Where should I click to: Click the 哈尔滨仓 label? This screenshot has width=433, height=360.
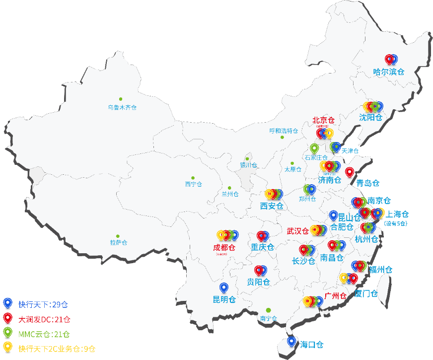389,72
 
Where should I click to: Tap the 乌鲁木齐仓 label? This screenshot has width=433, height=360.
122,107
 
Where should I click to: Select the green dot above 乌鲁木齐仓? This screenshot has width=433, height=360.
120,99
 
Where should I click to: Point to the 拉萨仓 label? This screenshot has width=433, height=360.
119,243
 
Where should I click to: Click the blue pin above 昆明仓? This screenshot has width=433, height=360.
224,288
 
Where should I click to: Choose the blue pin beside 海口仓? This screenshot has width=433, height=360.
291,341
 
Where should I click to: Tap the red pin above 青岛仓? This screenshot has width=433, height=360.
350,172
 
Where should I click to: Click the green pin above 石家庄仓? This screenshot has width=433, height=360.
314,147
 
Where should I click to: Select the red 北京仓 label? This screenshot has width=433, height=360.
323,120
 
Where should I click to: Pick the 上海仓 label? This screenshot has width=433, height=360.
397,214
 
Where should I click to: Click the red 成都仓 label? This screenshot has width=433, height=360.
224,247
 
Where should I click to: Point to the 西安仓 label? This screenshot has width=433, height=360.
272,206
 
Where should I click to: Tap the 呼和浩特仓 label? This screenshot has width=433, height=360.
284,131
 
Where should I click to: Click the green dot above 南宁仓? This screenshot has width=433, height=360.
268,310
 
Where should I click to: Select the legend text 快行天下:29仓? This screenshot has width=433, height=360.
43,304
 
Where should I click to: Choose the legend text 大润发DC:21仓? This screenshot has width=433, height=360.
44,319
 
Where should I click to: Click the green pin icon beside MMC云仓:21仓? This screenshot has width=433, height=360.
7,333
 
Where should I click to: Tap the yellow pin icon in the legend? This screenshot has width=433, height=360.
7,348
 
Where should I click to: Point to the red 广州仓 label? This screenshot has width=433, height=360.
335,296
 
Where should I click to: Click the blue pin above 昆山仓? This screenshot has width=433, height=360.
334,216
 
